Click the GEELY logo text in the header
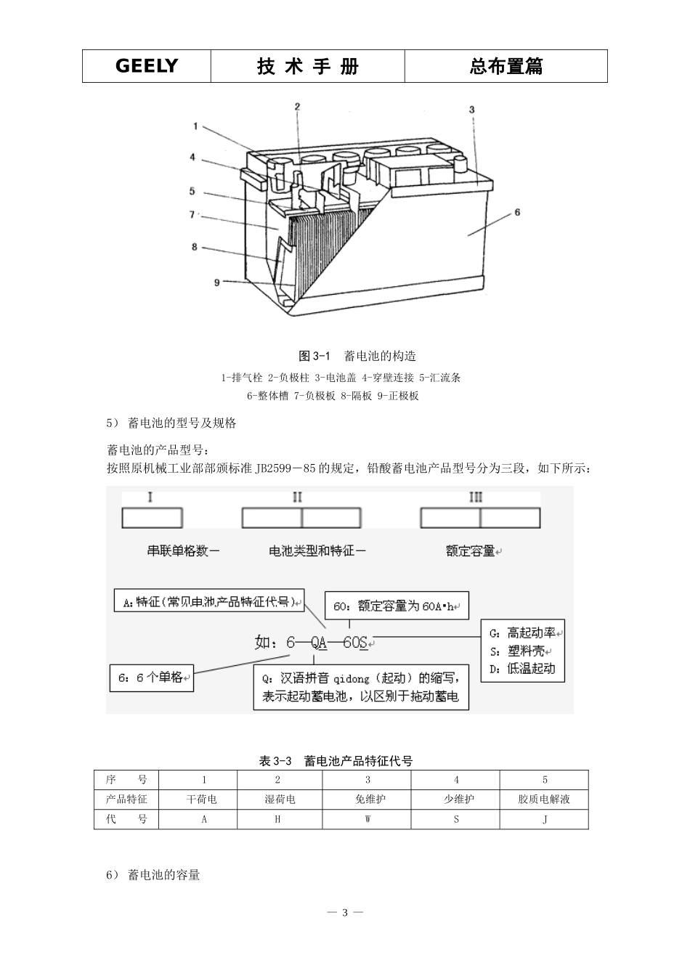pyautogui.click(x=146, y=66)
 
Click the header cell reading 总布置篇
pyautogui.click(x=506, y=66)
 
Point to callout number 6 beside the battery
pyautogui.click(x=517, y=212)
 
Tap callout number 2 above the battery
pyautogui.click(x=297, y=107)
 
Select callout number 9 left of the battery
pyautogui.click(x=216, y=282)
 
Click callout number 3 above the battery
pyautogui.click(x=471, y=110)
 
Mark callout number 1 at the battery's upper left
pyautogui.click(x=195, y=126)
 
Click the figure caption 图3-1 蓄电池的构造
pyautogui.click(x=357, y=356)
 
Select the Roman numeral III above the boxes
pyautogui.click(x=476, y=497)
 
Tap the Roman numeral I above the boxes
pyautogui.click(x=150, y=497)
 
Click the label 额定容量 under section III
pyautogui.click(x=470, y=551)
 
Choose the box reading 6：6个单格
pyautogui.click(x=152, y=678)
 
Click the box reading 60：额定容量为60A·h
pyautogui.click(x=396, y=606)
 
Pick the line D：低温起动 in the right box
pyautogui.click(x=522, y=668)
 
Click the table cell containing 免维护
pyautogui.click(x=367, y=800)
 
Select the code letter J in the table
pyautogui.click(x=545, y=819)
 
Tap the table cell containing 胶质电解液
pyautogui.click(x=544, y=800)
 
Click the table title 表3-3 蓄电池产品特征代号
pyautogui.click(x=336, y=761)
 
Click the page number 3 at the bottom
pyautogui.click(x=346, y=912)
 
